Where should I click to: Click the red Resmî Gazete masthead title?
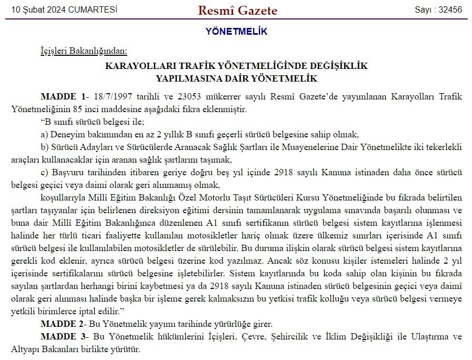pos(237,11)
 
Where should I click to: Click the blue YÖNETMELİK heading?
pos(236,32)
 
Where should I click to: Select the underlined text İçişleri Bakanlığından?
pos(84,51)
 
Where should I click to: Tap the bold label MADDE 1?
pos(63,98)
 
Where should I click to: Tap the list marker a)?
pos(44,134)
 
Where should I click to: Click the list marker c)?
pos(44,173)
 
